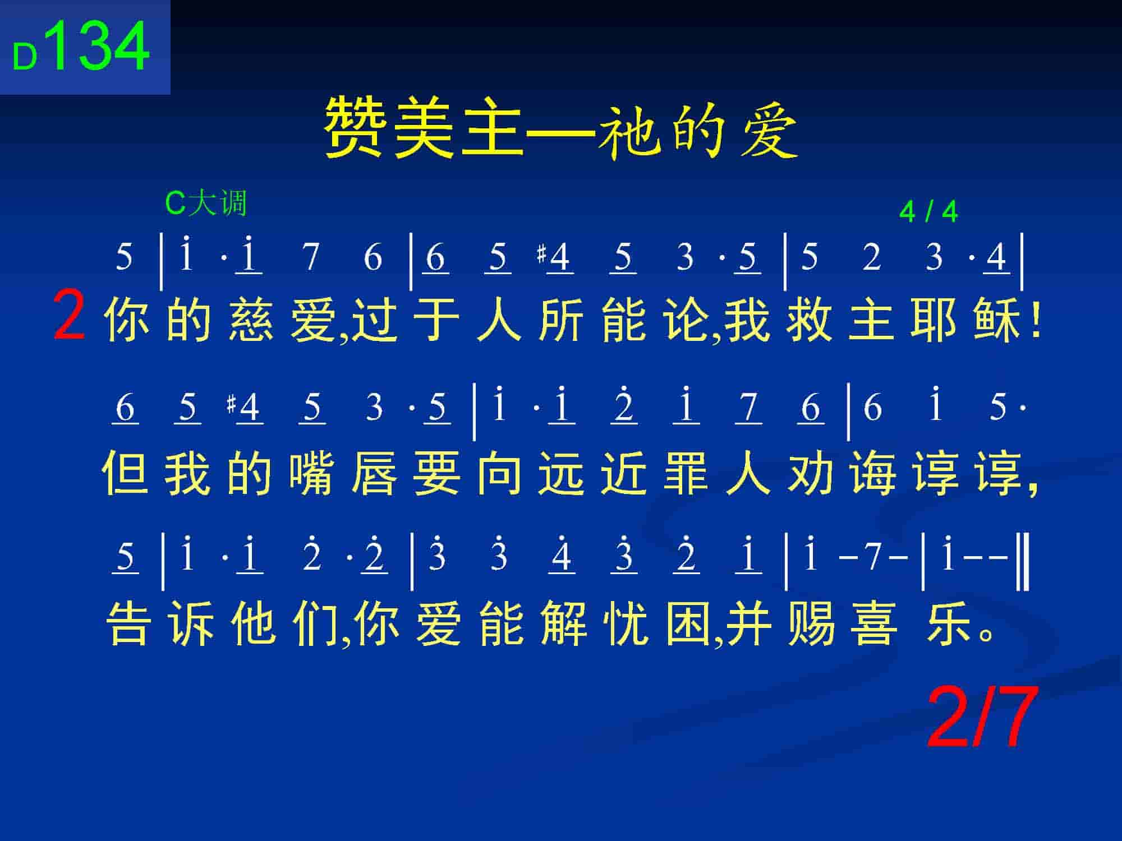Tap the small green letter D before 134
pos(25,58)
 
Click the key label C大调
pos(206,203)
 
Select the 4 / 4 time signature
pos(928,212)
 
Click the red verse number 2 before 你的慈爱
pos(69,317)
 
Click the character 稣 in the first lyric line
pos(997,321)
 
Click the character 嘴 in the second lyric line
pos(311,474)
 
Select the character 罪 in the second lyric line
pos(686,474)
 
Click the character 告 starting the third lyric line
pos(129,624)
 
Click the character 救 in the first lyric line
pos(809,321)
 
